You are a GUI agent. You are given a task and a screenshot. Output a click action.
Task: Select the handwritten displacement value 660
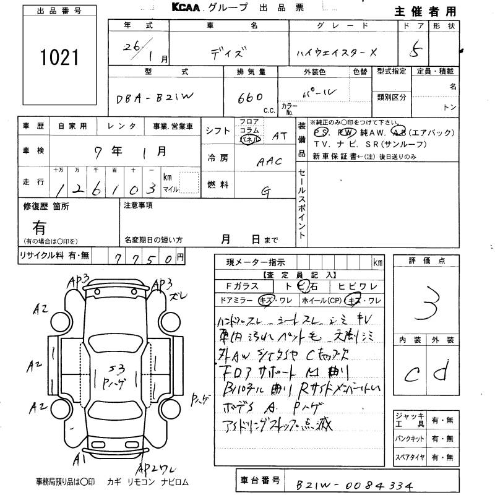click(250, 98)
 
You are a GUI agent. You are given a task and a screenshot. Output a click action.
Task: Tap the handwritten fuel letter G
click(265, 191)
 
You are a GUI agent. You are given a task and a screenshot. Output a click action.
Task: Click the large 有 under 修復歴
click(40, 227)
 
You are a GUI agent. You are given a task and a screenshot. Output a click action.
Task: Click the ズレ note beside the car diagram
click(177, 296)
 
